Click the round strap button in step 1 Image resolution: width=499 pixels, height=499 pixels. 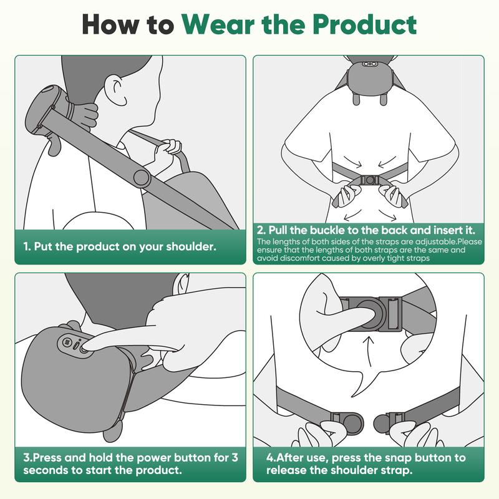(x=142, y=178)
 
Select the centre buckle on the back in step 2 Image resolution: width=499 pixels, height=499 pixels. (x=369, y=178)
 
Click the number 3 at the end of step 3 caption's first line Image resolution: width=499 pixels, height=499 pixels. (x=235, y=457)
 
